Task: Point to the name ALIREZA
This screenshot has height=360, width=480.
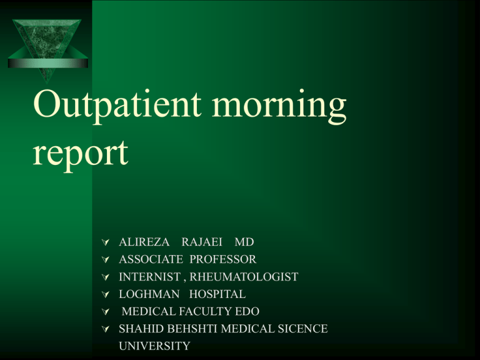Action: [143, 242]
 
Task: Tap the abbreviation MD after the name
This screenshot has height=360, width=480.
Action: [244, 242]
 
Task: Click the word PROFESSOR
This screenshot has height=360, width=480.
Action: [223, 259]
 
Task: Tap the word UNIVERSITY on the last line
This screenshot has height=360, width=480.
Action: [154, 345]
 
